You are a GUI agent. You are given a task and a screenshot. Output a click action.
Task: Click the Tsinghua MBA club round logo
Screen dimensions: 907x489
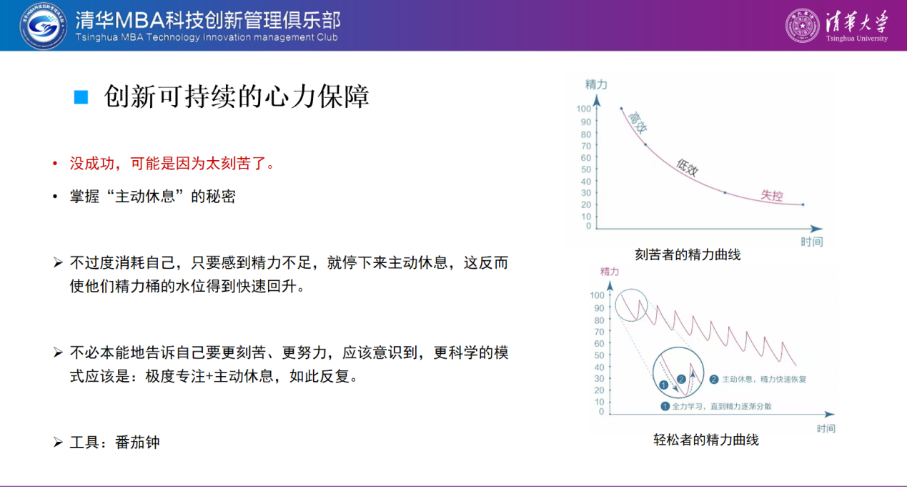pos(44,26)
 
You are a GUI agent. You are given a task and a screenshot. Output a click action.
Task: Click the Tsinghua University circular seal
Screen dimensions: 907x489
pos(802,26)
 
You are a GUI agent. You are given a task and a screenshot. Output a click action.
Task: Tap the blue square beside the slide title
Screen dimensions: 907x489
pos(81,97)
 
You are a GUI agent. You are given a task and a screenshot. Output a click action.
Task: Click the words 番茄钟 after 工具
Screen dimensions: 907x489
pos(137,443)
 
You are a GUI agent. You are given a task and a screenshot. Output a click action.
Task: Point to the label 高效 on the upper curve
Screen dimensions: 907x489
pos(638,123)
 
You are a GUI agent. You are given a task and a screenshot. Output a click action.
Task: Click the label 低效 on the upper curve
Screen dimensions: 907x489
pos(687,167)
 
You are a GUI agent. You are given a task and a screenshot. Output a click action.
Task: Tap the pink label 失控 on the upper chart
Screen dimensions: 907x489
pos(772,195)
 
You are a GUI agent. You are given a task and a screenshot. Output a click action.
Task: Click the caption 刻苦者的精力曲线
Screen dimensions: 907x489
pos(688,255)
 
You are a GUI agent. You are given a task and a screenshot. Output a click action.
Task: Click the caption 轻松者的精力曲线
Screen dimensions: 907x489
pos(705,440)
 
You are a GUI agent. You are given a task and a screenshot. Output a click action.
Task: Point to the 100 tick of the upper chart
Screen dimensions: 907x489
pos(583,109)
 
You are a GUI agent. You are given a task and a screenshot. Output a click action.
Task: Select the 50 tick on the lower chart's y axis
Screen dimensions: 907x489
pos(599,355)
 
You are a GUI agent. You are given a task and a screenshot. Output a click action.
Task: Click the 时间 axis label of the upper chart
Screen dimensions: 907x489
pos(812,242)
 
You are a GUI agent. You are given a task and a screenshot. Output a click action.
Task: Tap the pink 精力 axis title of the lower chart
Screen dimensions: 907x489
pos(610,272)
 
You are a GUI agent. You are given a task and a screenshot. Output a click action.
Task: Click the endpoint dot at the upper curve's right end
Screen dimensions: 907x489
pos(803,204)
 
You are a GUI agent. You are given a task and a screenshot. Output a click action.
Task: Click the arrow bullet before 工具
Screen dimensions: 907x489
pos(59,442)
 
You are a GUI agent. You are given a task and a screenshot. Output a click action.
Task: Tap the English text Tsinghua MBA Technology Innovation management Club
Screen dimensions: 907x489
pos(207,38)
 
